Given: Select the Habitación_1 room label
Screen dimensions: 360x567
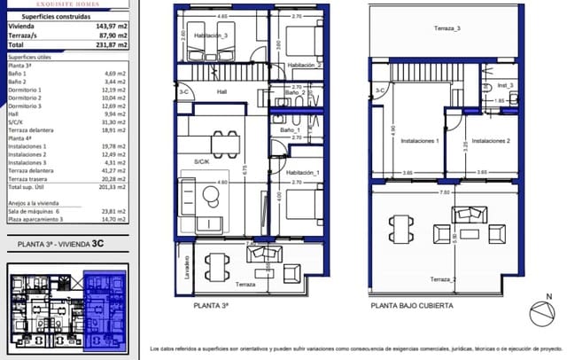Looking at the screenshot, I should [x=303, y=172].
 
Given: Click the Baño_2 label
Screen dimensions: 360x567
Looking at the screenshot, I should [x=295, y=93].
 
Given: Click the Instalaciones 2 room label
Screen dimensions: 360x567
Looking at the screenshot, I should [x=489, y=141].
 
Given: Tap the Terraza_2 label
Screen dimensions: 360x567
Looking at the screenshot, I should [x=442, y=279].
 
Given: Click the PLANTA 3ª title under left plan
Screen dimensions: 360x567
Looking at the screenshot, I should [x=211, y=305].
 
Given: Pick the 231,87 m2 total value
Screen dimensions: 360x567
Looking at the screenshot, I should [x=111, y=43].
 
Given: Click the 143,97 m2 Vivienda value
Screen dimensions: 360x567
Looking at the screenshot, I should [x=111, y=27].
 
